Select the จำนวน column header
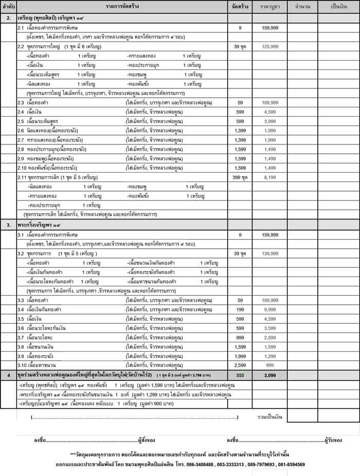[302, 7]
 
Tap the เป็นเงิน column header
[339, 7]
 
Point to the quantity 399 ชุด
[240, 177]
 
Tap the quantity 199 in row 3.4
[240, 309]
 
